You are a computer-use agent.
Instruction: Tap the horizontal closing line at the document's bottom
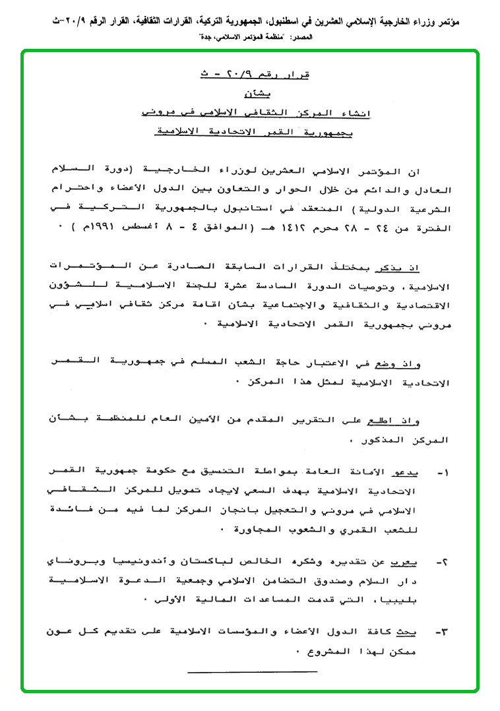[x=253, y=671]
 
